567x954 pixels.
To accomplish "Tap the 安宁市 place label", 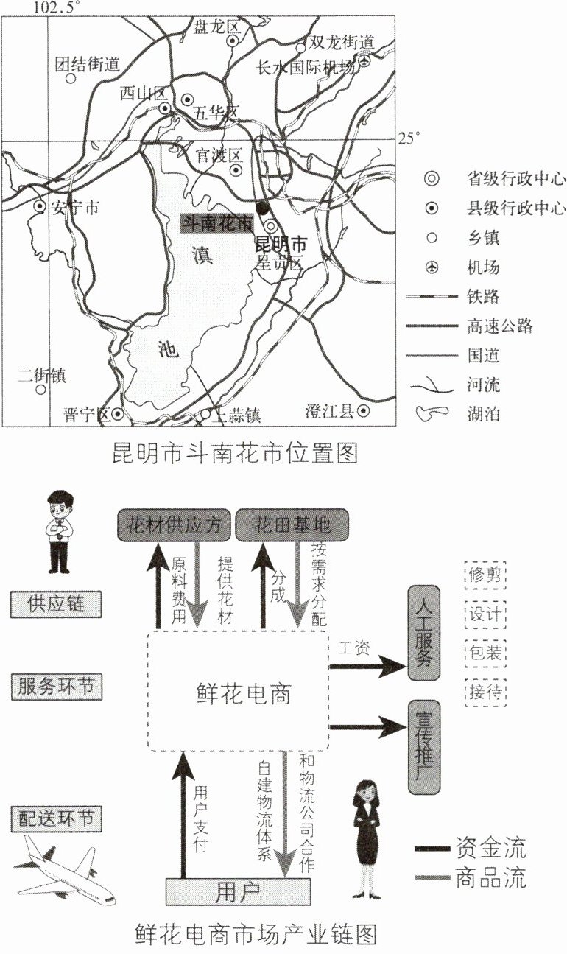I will point(74,208).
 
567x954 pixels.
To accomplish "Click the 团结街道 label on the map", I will point(87,64).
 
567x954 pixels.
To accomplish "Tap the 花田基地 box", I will point(292,525).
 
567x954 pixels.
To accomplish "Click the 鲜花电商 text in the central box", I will point(243,692).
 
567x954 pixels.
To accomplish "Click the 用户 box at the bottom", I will point(237,892).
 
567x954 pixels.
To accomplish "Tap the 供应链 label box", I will point(55,604).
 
